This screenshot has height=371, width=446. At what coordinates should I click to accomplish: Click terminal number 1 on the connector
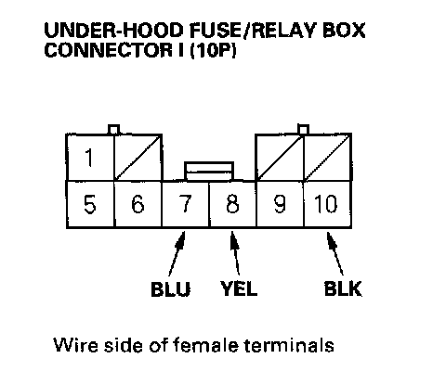[90, 158]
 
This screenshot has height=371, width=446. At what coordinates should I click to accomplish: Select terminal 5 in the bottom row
[90, 204]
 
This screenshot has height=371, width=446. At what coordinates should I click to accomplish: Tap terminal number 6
[138, 204]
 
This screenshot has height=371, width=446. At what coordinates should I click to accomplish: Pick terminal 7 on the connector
[185, 204]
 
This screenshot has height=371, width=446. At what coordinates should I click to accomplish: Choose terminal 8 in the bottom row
[232, 204]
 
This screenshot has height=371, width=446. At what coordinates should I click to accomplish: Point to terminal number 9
[280, 204]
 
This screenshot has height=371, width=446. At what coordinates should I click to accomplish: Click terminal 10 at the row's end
[327, 204]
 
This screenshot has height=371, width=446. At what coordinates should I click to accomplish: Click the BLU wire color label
[171, 289]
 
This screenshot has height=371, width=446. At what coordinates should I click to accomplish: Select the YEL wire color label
[239, 288]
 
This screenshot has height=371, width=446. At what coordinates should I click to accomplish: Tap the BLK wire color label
[343, 288]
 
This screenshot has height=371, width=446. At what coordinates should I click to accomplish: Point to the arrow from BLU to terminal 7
[177, 253]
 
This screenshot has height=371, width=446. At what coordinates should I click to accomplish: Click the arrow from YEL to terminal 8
[235, 253]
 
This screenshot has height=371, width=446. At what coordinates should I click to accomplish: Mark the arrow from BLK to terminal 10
[335, 253]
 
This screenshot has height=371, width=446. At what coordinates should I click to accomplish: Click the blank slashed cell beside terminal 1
[138, 158]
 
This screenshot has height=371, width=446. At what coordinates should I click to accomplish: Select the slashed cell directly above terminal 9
[280, 158]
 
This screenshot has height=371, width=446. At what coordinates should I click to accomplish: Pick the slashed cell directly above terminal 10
[328, 158]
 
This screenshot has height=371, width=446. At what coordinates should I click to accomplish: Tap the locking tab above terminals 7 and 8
[209, 172]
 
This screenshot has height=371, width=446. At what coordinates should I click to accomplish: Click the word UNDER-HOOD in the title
[114, 31]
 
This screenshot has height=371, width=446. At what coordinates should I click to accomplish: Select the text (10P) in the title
[213, 50]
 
